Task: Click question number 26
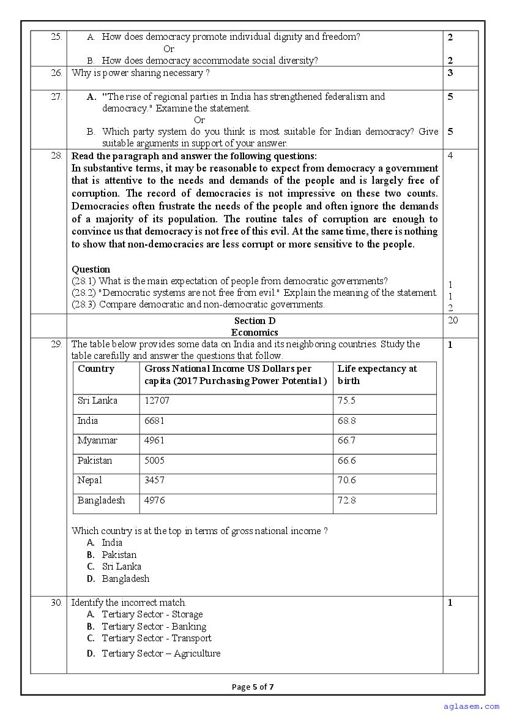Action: point(56,73)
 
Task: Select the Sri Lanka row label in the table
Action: point(97,401)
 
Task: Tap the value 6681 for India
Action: point(154,421)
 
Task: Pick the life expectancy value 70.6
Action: point(346,480)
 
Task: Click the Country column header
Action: point(96,369)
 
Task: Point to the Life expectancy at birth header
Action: point(377,374)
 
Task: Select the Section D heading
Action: point(255,321)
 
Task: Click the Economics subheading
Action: point(255,333)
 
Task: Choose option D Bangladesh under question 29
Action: point(125,579)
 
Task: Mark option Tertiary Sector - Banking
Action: point(154,627)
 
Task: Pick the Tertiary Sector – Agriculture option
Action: point(160,654)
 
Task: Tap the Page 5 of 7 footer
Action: point(253,687)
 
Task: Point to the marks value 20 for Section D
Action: point(453,320)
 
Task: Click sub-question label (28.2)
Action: point(84,293)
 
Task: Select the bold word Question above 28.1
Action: point(91,269)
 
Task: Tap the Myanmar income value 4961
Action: point(154,440)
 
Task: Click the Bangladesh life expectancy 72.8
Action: point(346,500)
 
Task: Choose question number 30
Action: point(56,603)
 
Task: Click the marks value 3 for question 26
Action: point(450,73)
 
